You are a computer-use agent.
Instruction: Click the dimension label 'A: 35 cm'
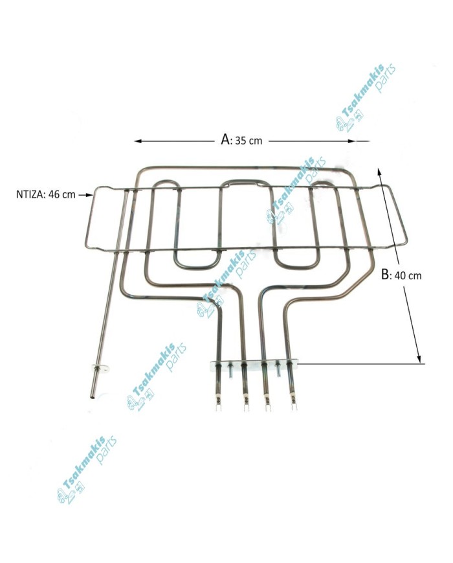[x=241, y=140]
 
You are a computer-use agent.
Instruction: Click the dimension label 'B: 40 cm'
[x=401, y=275]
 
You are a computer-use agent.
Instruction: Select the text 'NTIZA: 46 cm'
[x=45, y=194]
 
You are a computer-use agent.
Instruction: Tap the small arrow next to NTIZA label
[x=85, y=194]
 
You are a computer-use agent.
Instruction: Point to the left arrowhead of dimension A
[x=138, y=141]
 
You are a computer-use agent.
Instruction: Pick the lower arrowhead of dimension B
[x=418, y=359]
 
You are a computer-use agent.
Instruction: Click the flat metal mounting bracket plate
[x=254, y=365]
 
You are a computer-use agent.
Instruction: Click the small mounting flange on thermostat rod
[x=100, y=369]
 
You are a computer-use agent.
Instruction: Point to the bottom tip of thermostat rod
[x=93, y=398]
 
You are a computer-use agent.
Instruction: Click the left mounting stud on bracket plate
[x=230, y=369]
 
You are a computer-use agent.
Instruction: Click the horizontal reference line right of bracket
[x=361, y=363]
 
